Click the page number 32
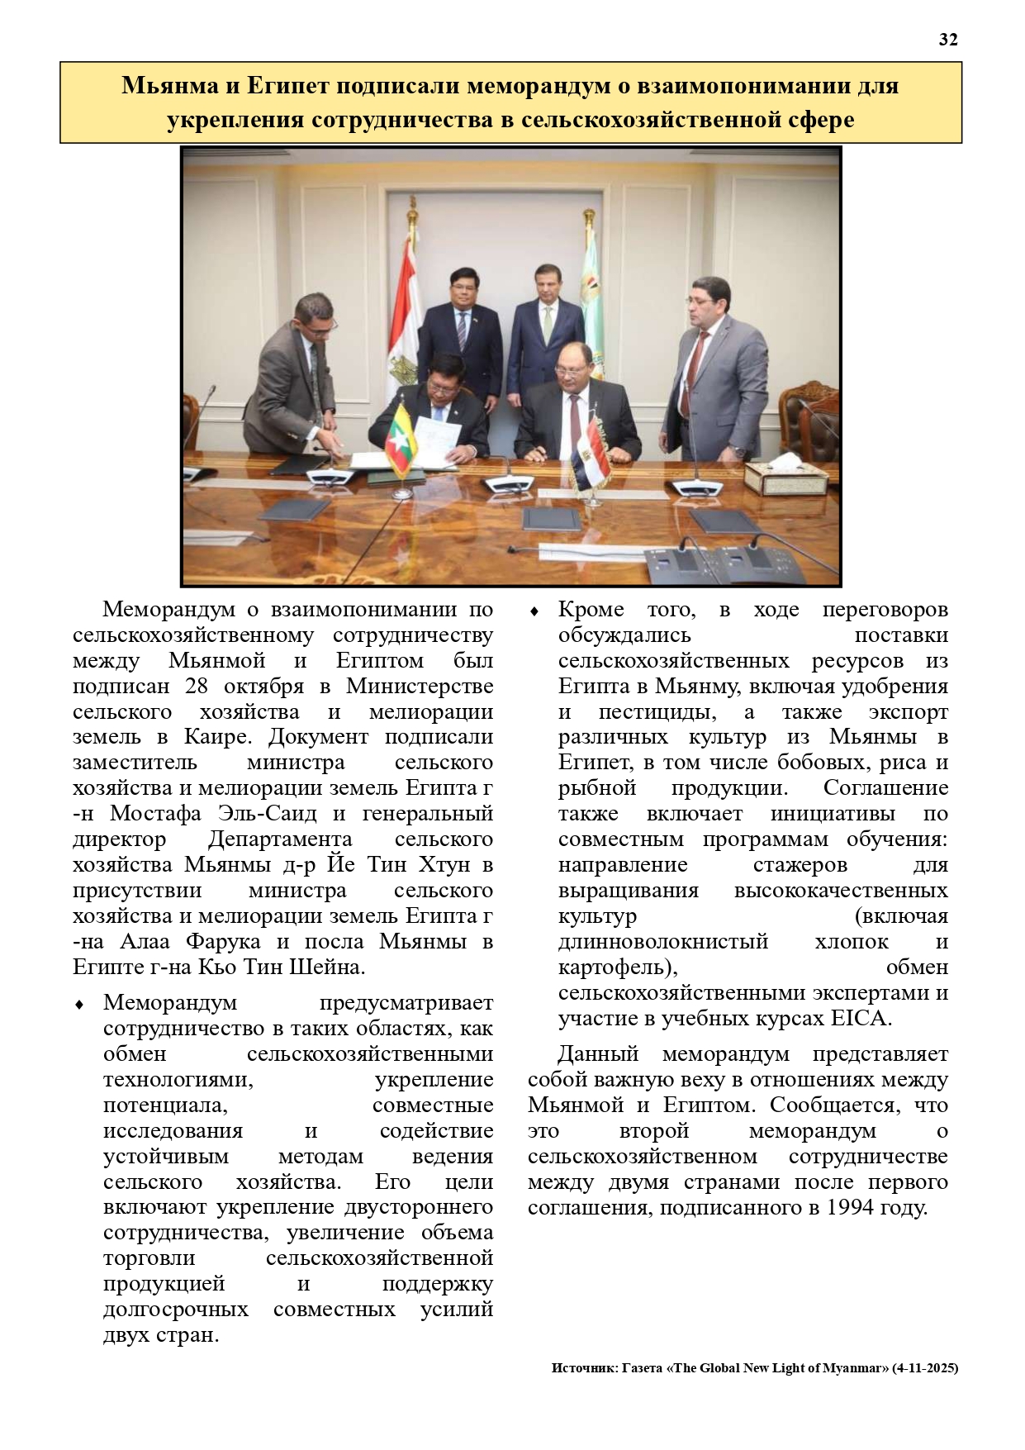click(948, 40)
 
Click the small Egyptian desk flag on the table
click(591, 451)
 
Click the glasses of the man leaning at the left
click(322, 319)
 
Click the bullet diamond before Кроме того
click(534, 611)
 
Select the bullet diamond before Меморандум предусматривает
click(79, 1005)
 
